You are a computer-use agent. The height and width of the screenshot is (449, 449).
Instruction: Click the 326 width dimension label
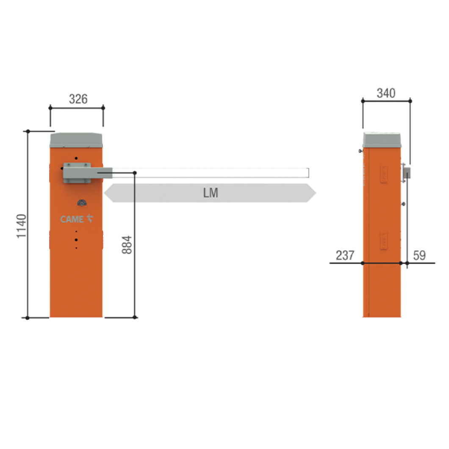(78, 99)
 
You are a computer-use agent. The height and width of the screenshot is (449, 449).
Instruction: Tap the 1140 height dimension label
(22, 226)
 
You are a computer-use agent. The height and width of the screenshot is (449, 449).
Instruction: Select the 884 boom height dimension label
(127, 245)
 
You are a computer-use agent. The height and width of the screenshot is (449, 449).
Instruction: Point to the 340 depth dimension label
(386, 93)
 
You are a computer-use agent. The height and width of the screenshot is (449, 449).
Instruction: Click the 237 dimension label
(345, 255)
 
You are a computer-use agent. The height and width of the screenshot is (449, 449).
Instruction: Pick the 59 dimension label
(419, 255)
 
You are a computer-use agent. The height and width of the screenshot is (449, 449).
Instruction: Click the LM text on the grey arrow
(211, 193)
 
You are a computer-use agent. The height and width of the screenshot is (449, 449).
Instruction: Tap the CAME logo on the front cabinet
(76, 219)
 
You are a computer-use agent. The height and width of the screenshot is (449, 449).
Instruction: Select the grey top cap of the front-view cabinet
(76, 140)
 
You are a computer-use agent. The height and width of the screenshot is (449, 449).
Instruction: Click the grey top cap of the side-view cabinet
(382, 140)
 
